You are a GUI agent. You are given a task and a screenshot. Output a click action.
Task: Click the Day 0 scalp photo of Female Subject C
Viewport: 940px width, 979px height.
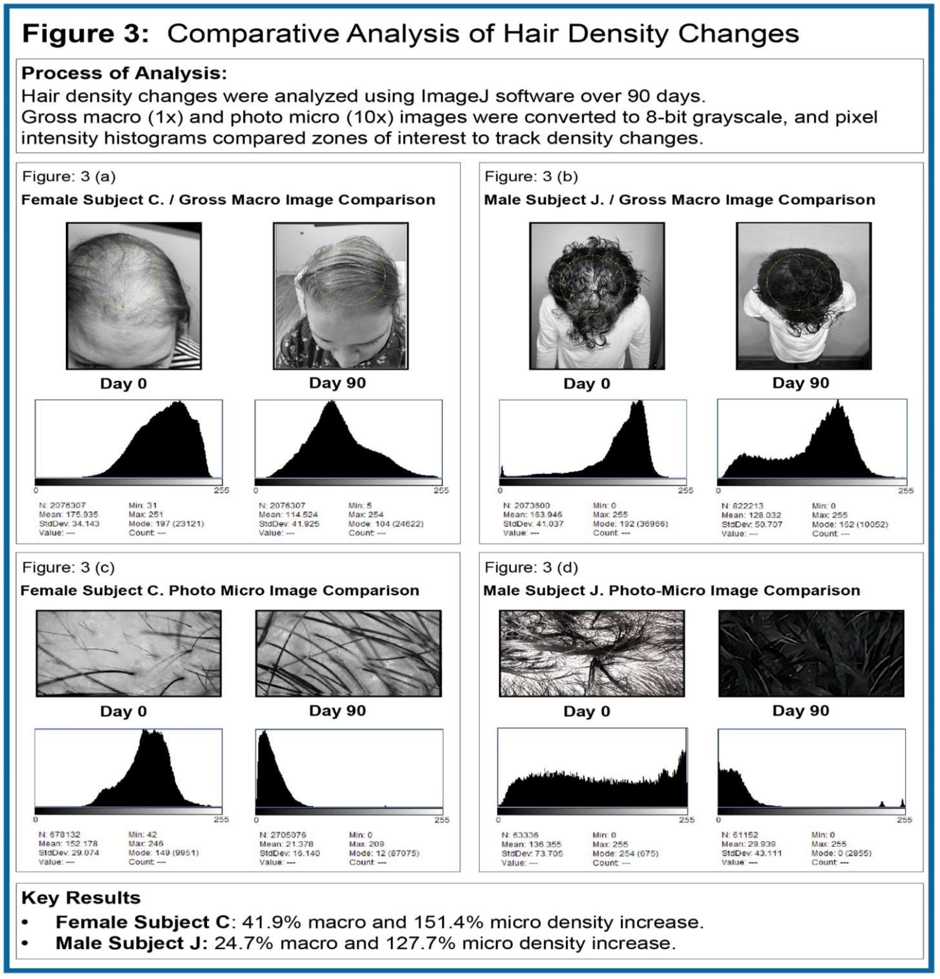(134, 296)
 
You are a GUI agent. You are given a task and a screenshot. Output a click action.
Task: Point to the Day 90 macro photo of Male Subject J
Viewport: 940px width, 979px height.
(803, 296)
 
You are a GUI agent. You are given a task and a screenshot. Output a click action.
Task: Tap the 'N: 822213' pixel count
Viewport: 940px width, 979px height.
(742, 505)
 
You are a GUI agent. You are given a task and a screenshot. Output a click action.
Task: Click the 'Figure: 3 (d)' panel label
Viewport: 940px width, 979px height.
(531, 567)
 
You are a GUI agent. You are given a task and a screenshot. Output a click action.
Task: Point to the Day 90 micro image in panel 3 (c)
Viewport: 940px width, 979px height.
(348, 653)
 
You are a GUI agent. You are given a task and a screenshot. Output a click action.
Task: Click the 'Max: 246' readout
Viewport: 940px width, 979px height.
(146, 844)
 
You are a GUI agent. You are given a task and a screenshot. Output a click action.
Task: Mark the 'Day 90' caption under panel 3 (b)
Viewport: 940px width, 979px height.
(801, 383)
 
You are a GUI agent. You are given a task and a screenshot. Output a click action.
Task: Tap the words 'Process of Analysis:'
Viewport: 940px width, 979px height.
(124, 73)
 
